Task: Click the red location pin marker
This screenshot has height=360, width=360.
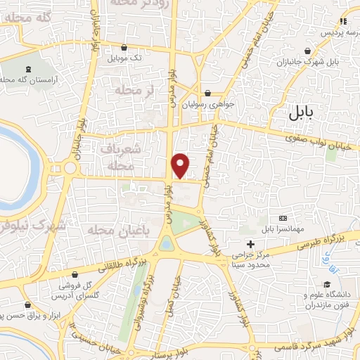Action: coord(181,165)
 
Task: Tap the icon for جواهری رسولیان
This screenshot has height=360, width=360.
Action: coord(207,93)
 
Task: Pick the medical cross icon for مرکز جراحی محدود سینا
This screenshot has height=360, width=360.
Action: coord(251,244)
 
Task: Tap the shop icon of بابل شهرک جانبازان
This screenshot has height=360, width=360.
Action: coord(309,51)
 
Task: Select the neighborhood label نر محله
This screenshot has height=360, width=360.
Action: coord(134,90)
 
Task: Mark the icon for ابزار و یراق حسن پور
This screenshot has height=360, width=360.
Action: coord(27,305)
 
